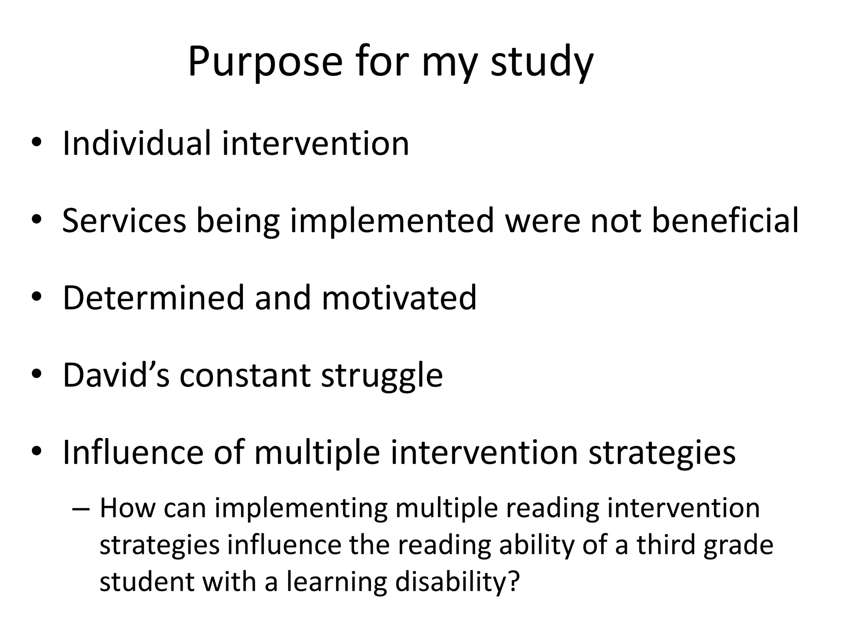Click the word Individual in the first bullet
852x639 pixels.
[137, 144]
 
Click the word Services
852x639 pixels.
[124, 221]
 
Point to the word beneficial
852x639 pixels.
[725, 221]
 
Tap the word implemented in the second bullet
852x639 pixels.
[392, 221]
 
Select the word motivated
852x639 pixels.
[399, 298]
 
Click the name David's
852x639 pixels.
[116, 375]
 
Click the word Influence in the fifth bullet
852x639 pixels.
[133, 453]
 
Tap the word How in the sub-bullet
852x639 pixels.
[127, 508]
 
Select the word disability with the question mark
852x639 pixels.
[457, 582]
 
